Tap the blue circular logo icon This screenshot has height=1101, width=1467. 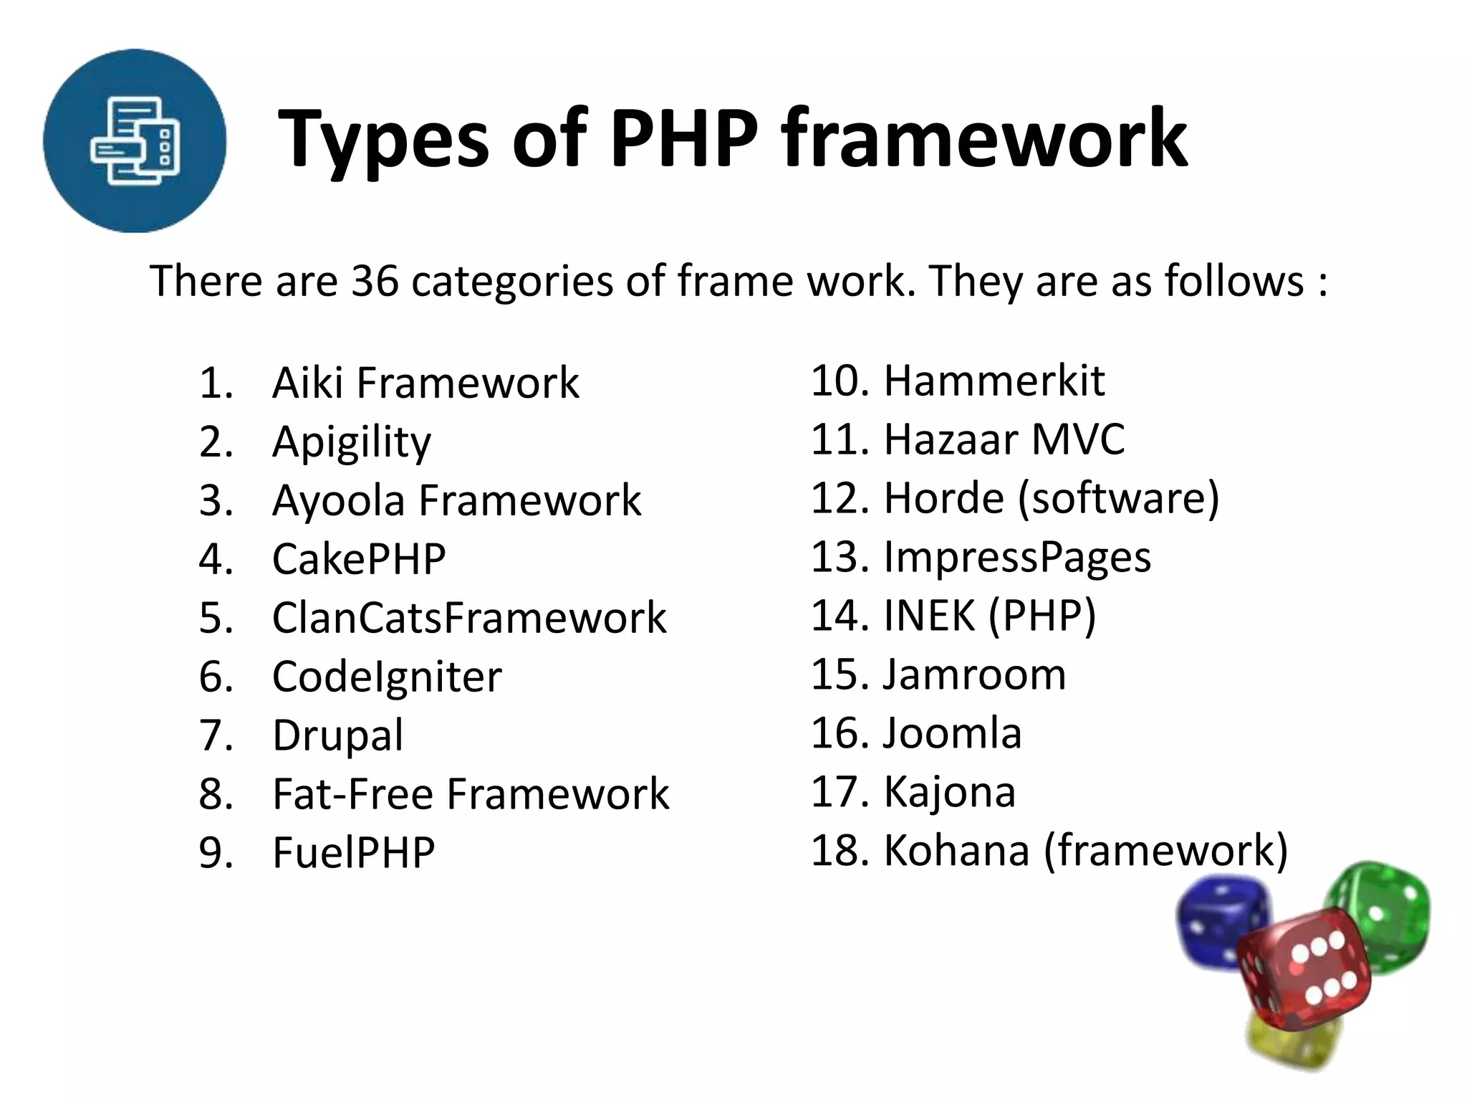pyautogui.click(x=135, y=140)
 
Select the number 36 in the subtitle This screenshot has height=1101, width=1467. pyautogui.click(x=374, y=280)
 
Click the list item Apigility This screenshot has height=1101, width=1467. pyautogui.click(x=352, y=442)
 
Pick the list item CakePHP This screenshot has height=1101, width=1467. pyautogui.click(x=359, y=559)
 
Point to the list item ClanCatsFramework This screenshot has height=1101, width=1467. pyautogui.click(x=469, y=618)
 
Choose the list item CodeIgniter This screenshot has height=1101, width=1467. pyautogui.click(x=387, y=677)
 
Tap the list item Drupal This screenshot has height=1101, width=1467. pyautogui.click(x=338, y=735)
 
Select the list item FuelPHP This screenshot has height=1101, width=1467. pyautogui.click(x=354, y=853)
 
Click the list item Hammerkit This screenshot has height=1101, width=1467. pyautogui.click(x=994, y=381)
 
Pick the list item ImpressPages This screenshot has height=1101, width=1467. pyautogui.click(x=1017, y=557)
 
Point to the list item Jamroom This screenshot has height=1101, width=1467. pyautogui.click(x=974, y=675)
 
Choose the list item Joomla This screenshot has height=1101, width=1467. pyautogui.click(x=952, y=733)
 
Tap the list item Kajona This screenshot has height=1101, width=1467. pyautogui.click(x=950, y=792)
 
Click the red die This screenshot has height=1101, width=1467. pyautogui.click(x=1302, y=968)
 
